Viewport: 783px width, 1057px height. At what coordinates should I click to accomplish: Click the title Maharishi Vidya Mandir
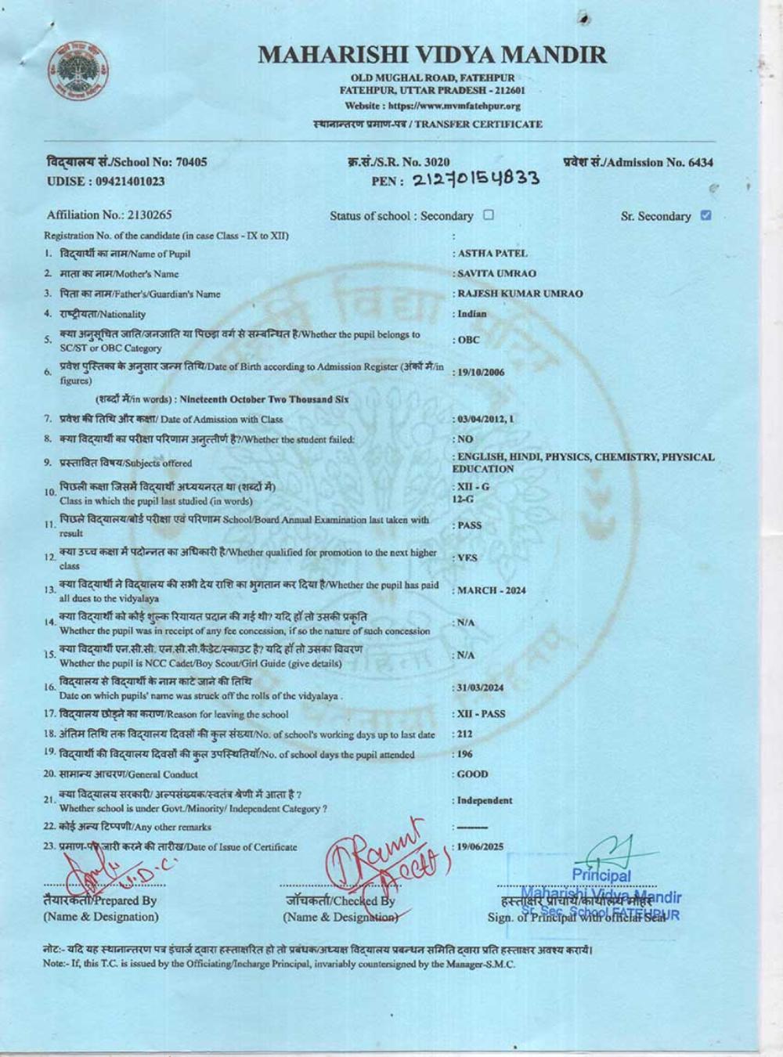coord(432,55)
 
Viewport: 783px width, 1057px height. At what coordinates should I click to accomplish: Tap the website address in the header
coord(433,106)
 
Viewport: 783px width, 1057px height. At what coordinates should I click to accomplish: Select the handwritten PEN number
coord(475,180)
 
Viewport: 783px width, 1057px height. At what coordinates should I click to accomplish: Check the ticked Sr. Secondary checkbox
coord(705,215)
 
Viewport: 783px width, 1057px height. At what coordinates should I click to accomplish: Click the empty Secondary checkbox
coord(489,215)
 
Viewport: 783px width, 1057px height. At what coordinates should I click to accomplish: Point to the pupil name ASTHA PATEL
coord(493,254)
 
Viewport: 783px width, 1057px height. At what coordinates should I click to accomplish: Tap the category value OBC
coord(468,341)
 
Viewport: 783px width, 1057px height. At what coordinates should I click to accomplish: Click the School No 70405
coord(191,163)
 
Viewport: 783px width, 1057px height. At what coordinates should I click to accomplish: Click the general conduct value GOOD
coord(473,774)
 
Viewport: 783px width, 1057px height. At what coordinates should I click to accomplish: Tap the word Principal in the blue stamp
coord(601,875)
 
